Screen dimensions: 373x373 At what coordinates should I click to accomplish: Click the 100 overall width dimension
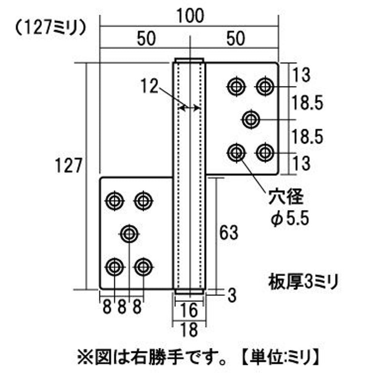coord(190,16)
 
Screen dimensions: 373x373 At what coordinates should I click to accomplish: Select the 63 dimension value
coord(229,232)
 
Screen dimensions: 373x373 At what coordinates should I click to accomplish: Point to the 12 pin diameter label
coord(149,86)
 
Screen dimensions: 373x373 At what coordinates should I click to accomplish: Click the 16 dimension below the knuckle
coord(189,310)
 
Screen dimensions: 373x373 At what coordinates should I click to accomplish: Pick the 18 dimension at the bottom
coord(189,330)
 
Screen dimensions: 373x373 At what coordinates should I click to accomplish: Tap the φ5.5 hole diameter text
coord(290,219)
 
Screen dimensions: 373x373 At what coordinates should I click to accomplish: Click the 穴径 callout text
coord(286,197)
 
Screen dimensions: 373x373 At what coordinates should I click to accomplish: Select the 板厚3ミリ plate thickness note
coord(303,282)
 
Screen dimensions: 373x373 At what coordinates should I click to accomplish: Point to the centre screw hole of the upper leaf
coord(251,120)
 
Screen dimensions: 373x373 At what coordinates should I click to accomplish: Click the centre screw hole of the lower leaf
coord(129,234)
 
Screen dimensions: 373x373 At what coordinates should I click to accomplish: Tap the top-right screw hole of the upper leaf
coord(265,86)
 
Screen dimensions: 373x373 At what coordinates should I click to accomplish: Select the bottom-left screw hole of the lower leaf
coord(115,267)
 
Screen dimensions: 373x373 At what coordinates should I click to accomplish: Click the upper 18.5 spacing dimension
coord(307,103)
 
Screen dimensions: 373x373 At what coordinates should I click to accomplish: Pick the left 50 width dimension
coord(146,39)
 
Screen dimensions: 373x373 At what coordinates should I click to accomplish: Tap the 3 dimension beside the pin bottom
coord(232,296)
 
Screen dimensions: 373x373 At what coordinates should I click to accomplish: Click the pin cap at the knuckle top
coord(189,60)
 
